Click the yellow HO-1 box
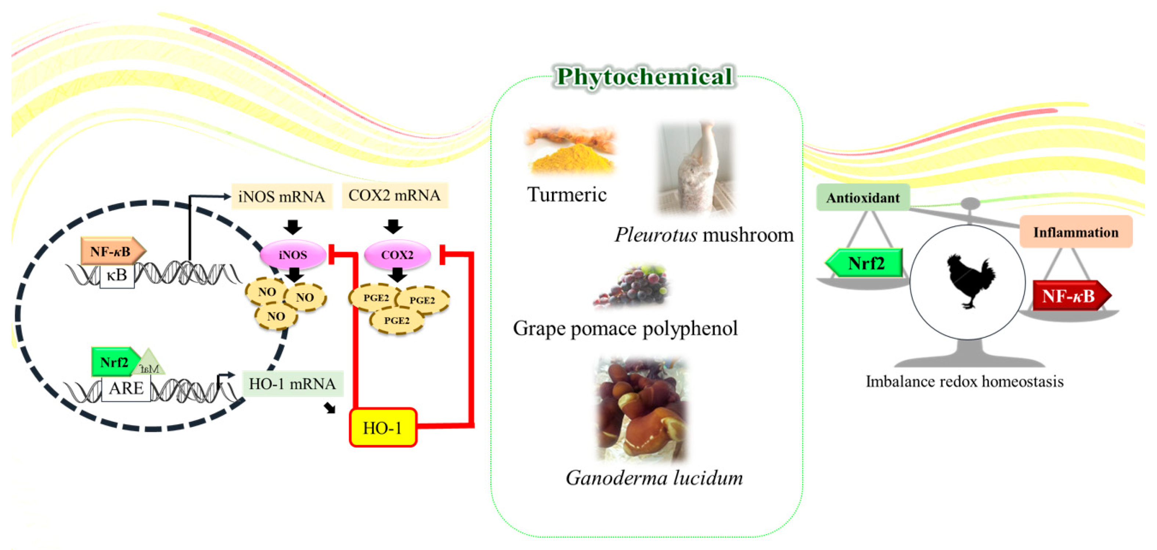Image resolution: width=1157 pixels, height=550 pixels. [383, 427]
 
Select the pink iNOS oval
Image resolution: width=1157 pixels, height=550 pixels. [293, 254]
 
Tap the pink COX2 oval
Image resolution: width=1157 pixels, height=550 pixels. [397, 254]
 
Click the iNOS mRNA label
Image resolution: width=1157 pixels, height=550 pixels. [282, 196]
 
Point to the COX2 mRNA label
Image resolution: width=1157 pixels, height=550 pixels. [395, 195]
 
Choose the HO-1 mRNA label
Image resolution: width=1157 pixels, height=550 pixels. [292, 383]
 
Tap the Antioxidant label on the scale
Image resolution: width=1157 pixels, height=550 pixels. [863, 197]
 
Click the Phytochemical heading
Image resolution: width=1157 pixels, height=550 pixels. [645, 76]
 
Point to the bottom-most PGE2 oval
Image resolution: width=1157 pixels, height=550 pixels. [397, 320]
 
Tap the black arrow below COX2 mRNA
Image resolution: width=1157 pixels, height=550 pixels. [393, 226]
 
